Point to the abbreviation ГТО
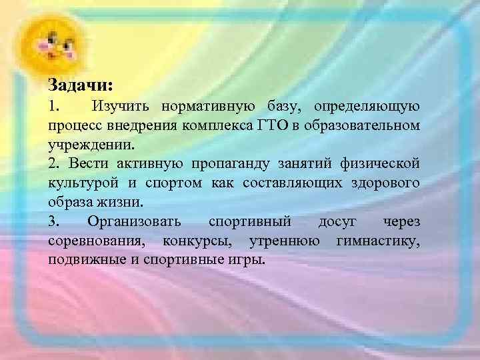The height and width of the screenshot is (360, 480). click(268, 125)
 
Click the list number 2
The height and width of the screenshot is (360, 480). click(53, 163)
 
